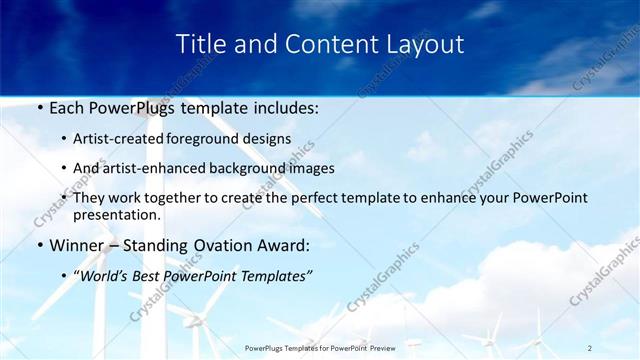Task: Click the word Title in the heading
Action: (200, 44)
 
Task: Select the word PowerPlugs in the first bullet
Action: (136, 105)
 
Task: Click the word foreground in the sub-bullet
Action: (222, 138)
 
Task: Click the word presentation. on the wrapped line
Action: (117, 214)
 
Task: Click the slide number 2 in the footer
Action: (589, 348)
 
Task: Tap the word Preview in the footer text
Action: (377, 348)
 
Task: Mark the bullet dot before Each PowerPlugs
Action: (39, 106)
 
